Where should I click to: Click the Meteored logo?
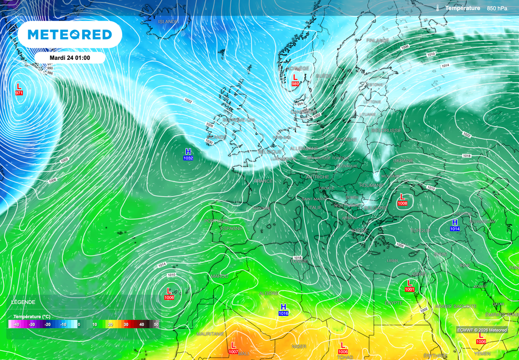pyautogui.click(x=69, y=34)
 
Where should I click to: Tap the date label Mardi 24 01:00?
pyautogui.click(x=69, y=58)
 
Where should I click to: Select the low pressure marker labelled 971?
pyautogui.click(x=19, y=89)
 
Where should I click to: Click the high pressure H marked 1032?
pyautogui.click(x=188, y=154)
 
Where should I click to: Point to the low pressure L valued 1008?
pyautogui.click(x=402, y=199)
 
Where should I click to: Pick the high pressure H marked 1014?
pyautogui.click(x=455, y=225)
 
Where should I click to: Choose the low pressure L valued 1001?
pyautogui.click(x=410, y=285)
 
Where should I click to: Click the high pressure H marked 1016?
pyautogui.click(x=283, y=310)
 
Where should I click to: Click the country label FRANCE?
pyautogui.click(x=263, y=181)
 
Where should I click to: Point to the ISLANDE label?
pyautogui.click(x=168, y=22)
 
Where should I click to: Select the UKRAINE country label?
pyautogui.click(x=403, y=160)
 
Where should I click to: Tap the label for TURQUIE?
pyautogui.click(x=420, y=230)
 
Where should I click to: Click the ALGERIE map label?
pyautogui.click(x=269, y=294)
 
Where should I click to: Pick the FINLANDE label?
pyautogui.click(x=377, y=40)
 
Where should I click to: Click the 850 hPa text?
pyautogui.click(x=497, y=8)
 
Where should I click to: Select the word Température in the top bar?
pyautogui.click(x=462, y=8)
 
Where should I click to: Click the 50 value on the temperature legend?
pyautogui.click(x=156, y=324)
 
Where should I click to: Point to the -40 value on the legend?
pyautogui.click(x=16, y=324)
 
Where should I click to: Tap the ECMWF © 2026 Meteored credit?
pyautogui.click(x=481, y=330)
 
